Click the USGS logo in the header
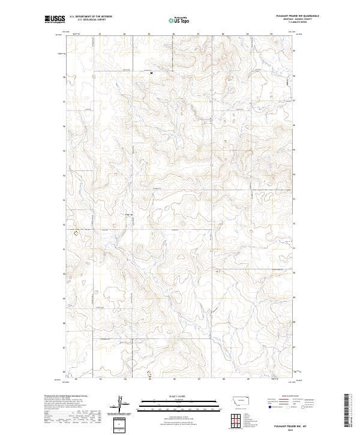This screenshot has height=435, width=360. [55, 20]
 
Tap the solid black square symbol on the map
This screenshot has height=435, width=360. [151, 73]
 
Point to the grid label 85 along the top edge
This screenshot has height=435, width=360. [149, 34]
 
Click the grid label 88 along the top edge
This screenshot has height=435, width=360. [223, 34]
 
